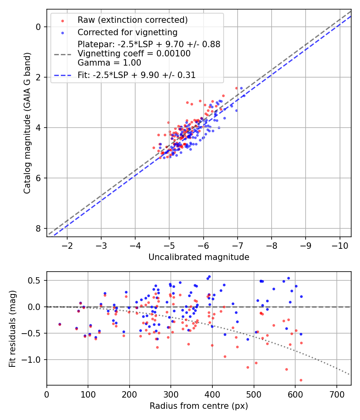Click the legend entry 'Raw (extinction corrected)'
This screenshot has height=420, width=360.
coord(132,20)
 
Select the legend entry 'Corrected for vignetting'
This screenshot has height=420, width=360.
coord(128,32)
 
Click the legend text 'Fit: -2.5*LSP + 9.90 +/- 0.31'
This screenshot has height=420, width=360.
coord(136,75)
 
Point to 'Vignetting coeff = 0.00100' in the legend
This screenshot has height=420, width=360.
coord(134,54)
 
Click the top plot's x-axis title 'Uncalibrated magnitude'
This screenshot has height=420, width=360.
coord(199,257)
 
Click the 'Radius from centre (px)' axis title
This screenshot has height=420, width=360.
coord(199,406)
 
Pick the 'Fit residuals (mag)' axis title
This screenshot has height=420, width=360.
coord(12,329)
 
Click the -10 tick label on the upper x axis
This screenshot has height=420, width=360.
coord(340,245)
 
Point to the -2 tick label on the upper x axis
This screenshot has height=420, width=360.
coord(67,245)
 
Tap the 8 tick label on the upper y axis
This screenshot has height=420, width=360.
coord(38,228)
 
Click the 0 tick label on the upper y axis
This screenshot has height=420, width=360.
coord(38,27)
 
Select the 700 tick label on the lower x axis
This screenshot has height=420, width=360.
coord(336,394)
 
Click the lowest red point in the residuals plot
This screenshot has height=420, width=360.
coord(301,380)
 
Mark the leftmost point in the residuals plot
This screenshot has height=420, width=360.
coord(60,324)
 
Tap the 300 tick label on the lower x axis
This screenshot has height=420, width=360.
coord(171,394)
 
